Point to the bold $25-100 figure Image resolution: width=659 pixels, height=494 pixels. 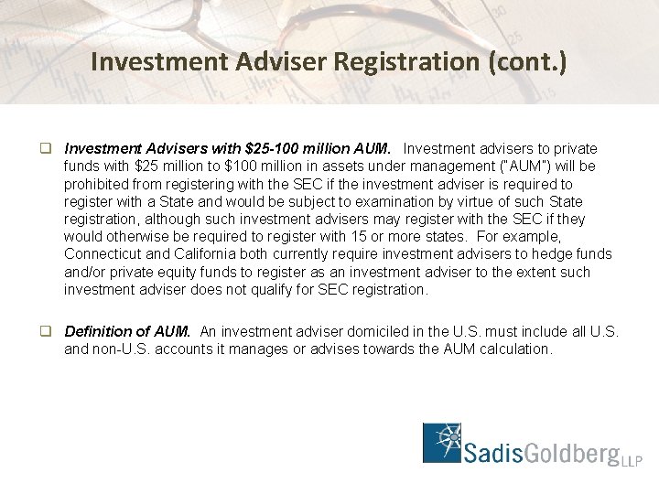tap(269, 148)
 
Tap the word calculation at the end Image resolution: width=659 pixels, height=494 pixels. tap(518, 349)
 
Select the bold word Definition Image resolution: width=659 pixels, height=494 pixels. tap(95, 331)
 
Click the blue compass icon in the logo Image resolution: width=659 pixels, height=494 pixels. tap(447, 443)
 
